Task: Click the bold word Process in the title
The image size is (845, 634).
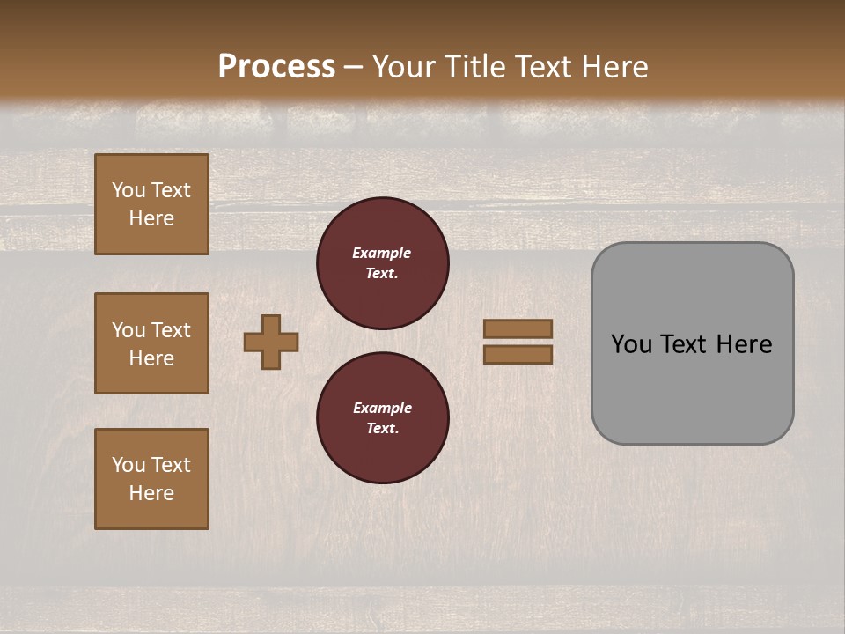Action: (x=276, y=67)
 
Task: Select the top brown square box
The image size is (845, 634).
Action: (x=151, y=204)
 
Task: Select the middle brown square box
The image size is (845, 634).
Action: (x=151, y=343)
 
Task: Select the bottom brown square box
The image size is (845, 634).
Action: (x=151, y=479)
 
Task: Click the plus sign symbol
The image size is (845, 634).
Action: (x=271, y=342)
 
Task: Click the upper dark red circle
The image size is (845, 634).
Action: (x=383, y=263)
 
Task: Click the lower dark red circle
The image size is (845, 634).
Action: (x=383, y=418)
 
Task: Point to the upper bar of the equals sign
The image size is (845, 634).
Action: (x=518, y=328)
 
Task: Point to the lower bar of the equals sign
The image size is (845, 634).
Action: (x=518, y=355)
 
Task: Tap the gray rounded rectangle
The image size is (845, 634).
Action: (x=693, y=387)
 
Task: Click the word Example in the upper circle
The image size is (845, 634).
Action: (x=382, y=253)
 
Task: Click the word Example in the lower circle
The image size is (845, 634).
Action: (x=382, y=408)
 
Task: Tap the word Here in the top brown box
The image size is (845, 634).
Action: (x=151, y=218)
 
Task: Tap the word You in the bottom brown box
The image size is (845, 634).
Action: (x=129, y=465)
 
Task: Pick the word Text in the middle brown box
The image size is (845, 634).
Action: (x=171, y=330)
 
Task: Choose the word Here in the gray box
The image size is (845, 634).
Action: (x=744, y=344)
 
